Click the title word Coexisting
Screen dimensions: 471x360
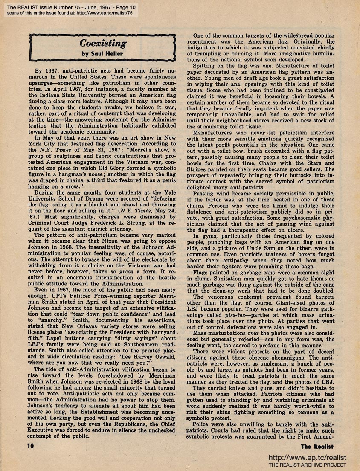coord(103,44)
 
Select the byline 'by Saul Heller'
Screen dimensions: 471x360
coord(103,54)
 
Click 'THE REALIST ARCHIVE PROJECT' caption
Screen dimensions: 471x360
coord(307,465)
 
